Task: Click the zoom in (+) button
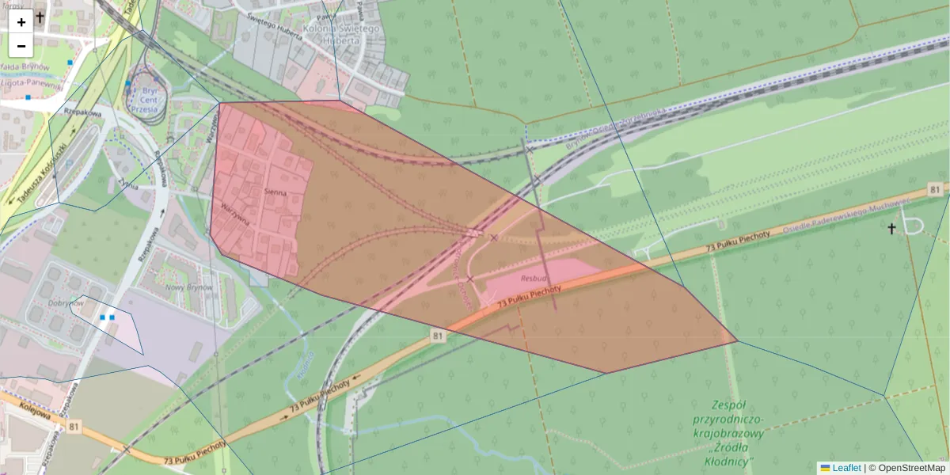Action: tap(21, 22)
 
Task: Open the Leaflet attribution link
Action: tap(845, 468)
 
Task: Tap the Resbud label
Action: tap(534, 279)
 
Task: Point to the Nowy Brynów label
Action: tap(188, 287)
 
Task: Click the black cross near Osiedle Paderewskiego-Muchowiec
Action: tap(891, 229)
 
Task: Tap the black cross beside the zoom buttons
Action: tap(40, 16)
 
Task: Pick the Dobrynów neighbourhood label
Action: tap(66, 303)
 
